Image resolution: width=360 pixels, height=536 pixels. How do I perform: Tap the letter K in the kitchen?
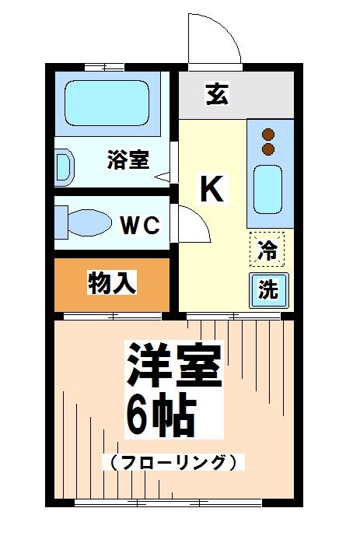pos(211,188)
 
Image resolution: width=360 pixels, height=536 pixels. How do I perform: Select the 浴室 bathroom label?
pos(128,160)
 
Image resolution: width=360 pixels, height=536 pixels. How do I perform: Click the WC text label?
pos(140,226)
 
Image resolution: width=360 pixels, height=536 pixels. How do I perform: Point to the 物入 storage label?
pos(112,283)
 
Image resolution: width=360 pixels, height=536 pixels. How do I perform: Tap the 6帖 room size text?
pos(159,417)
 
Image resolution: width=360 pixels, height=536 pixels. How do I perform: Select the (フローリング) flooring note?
pos(173,461)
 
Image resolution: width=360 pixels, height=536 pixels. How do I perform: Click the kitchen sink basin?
pos(269,190)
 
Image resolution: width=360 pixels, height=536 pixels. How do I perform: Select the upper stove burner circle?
pos(269,133)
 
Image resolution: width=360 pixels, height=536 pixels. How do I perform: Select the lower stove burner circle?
pos(269,148)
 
